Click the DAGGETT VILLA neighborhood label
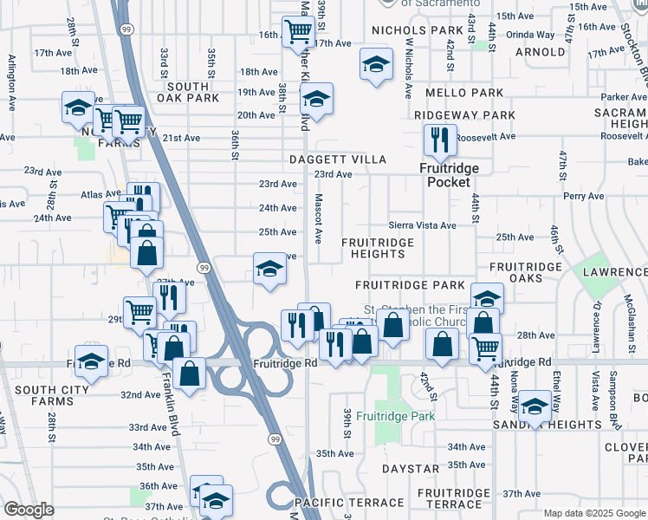click(x=338, y=160)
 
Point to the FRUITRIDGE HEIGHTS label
click(x=378, y=248)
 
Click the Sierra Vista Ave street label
click(x=422, y=225)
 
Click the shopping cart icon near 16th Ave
click(x=298, y=32)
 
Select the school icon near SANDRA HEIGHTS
click(x=535, y=406)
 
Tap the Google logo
click(x=29, y=510)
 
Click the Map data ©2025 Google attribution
click(x=594, y=513)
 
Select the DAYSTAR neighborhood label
click(x=411, y=469)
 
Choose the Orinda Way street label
click(x=531, y=35)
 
